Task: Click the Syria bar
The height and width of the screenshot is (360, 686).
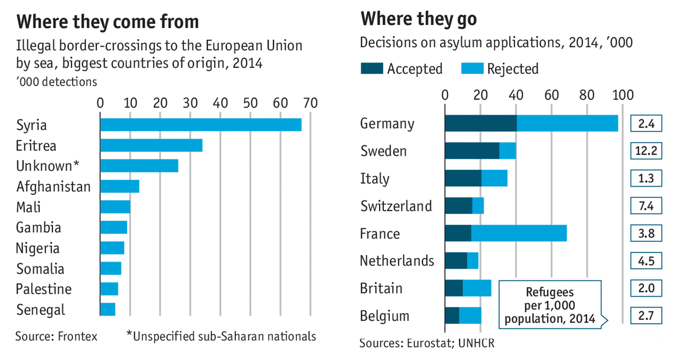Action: click(200, 124)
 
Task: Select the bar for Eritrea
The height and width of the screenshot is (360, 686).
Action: click(151, 145)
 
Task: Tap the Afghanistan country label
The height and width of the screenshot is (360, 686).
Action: click(54, 187)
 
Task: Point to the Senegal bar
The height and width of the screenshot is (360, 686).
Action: click(107, 309)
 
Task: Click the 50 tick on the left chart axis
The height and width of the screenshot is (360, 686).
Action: click(250, 103)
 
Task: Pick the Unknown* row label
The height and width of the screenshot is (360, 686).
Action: click(48, 166)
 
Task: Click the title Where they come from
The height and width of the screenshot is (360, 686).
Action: click(107, 23)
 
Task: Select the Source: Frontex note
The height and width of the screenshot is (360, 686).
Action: click(56, 336)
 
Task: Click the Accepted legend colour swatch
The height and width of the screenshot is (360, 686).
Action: click(370, 68)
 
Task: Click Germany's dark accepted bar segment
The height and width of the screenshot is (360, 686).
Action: click(480, 123)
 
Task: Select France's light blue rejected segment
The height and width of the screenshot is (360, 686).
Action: click(519, 234)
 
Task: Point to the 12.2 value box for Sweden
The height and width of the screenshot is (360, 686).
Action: click(646, 151)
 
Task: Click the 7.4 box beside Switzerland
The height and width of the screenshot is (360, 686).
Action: click(646, 206)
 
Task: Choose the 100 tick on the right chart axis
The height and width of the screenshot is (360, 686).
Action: click(623, 95)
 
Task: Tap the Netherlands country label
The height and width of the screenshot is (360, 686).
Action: click(397, 261)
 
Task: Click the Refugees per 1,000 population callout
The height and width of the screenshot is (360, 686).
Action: click(549, 303)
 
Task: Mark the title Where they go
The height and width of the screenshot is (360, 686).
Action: click(419, 19)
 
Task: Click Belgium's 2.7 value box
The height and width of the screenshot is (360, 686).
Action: click(646, 316)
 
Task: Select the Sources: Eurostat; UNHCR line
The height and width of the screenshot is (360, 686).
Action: click(427, 342)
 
